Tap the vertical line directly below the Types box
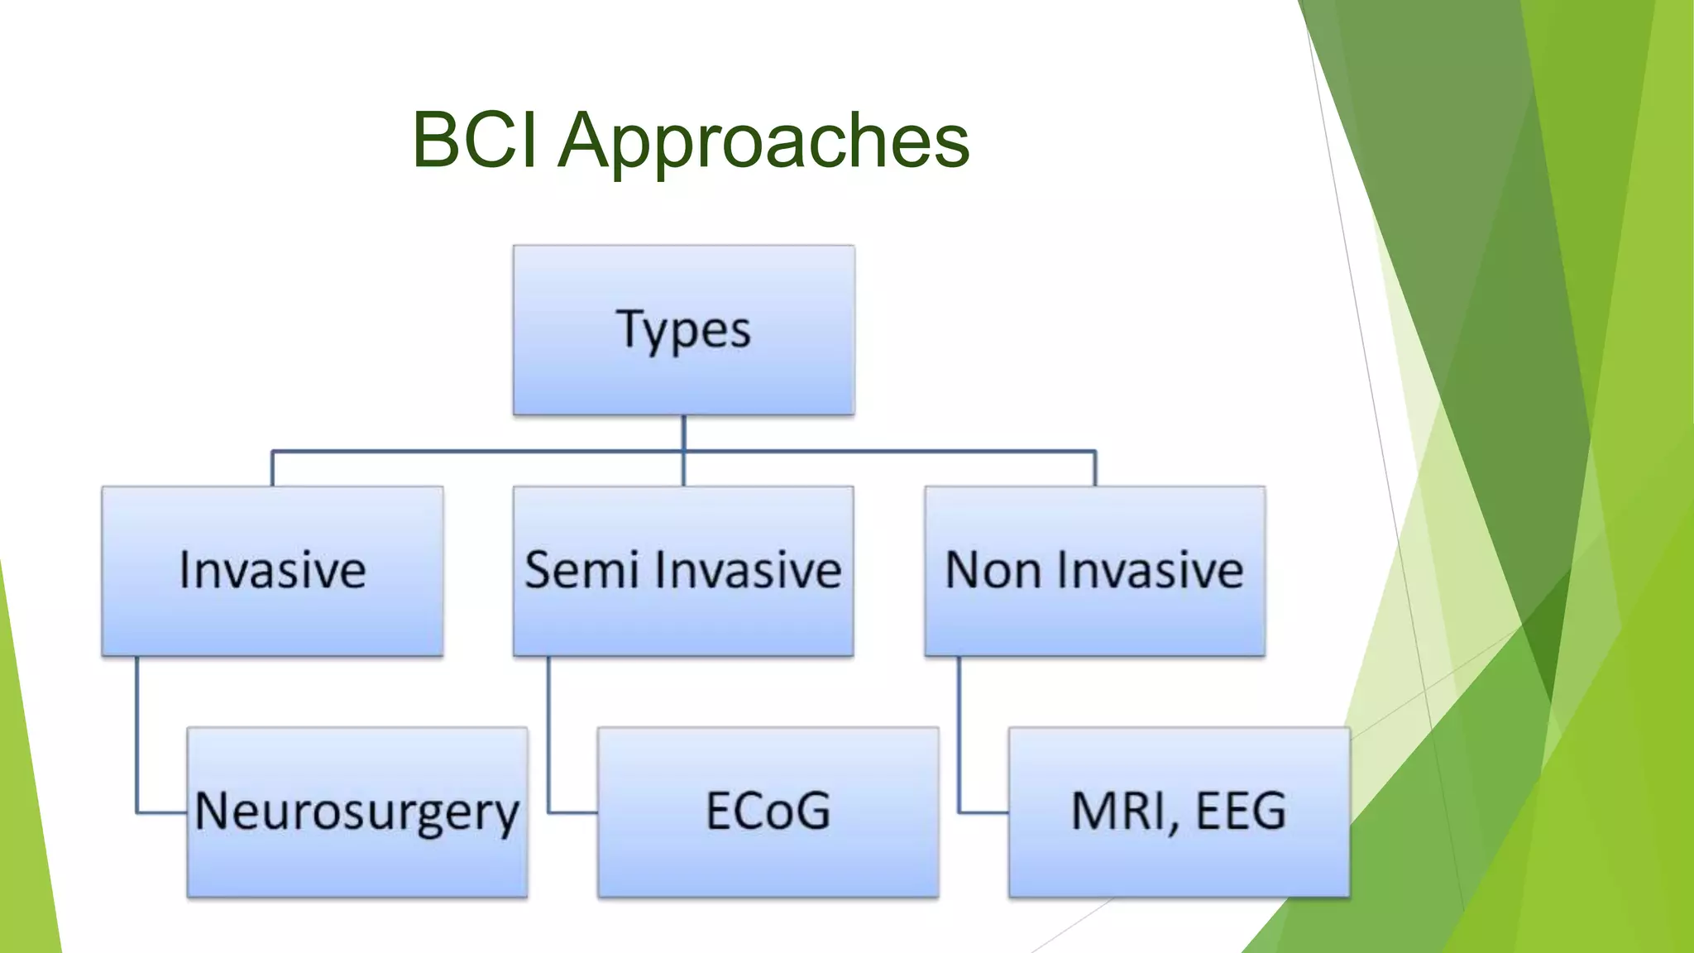[683, 432]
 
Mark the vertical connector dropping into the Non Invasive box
[1095, 469]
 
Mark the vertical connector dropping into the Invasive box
[272, 469]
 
